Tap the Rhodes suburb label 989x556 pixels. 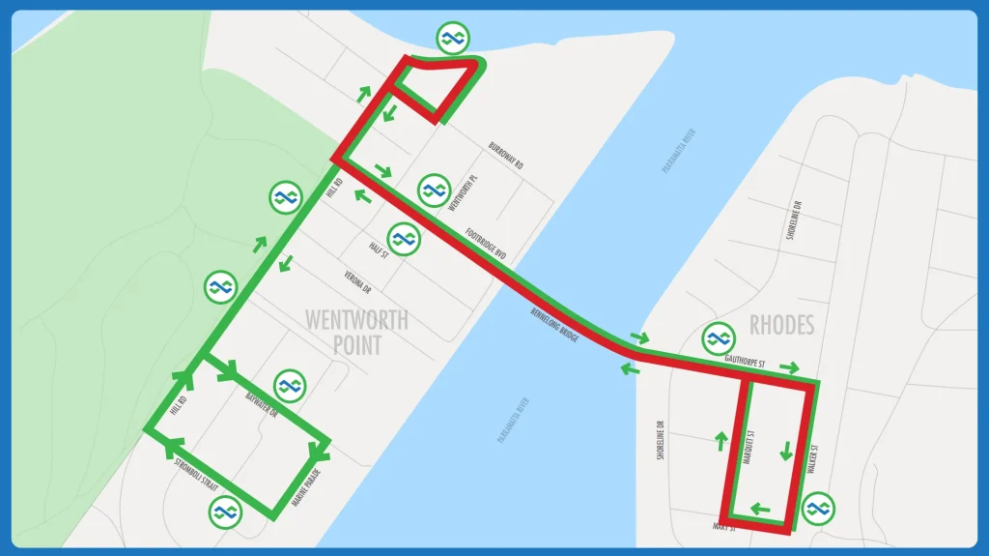(781, 325)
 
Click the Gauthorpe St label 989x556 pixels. (744, 362)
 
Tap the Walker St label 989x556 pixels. (813, 458)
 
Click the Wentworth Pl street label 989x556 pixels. (464, 192)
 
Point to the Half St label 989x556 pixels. (378, 249)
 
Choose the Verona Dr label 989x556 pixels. (357, 281)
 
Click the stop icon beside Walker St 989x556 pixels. (819, 507)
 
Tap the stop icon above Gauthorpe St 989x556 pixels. (717, 337)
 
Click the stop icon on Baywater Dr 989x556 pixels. (289, 385)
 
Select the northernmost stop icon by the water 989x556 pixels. (450, 39)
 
